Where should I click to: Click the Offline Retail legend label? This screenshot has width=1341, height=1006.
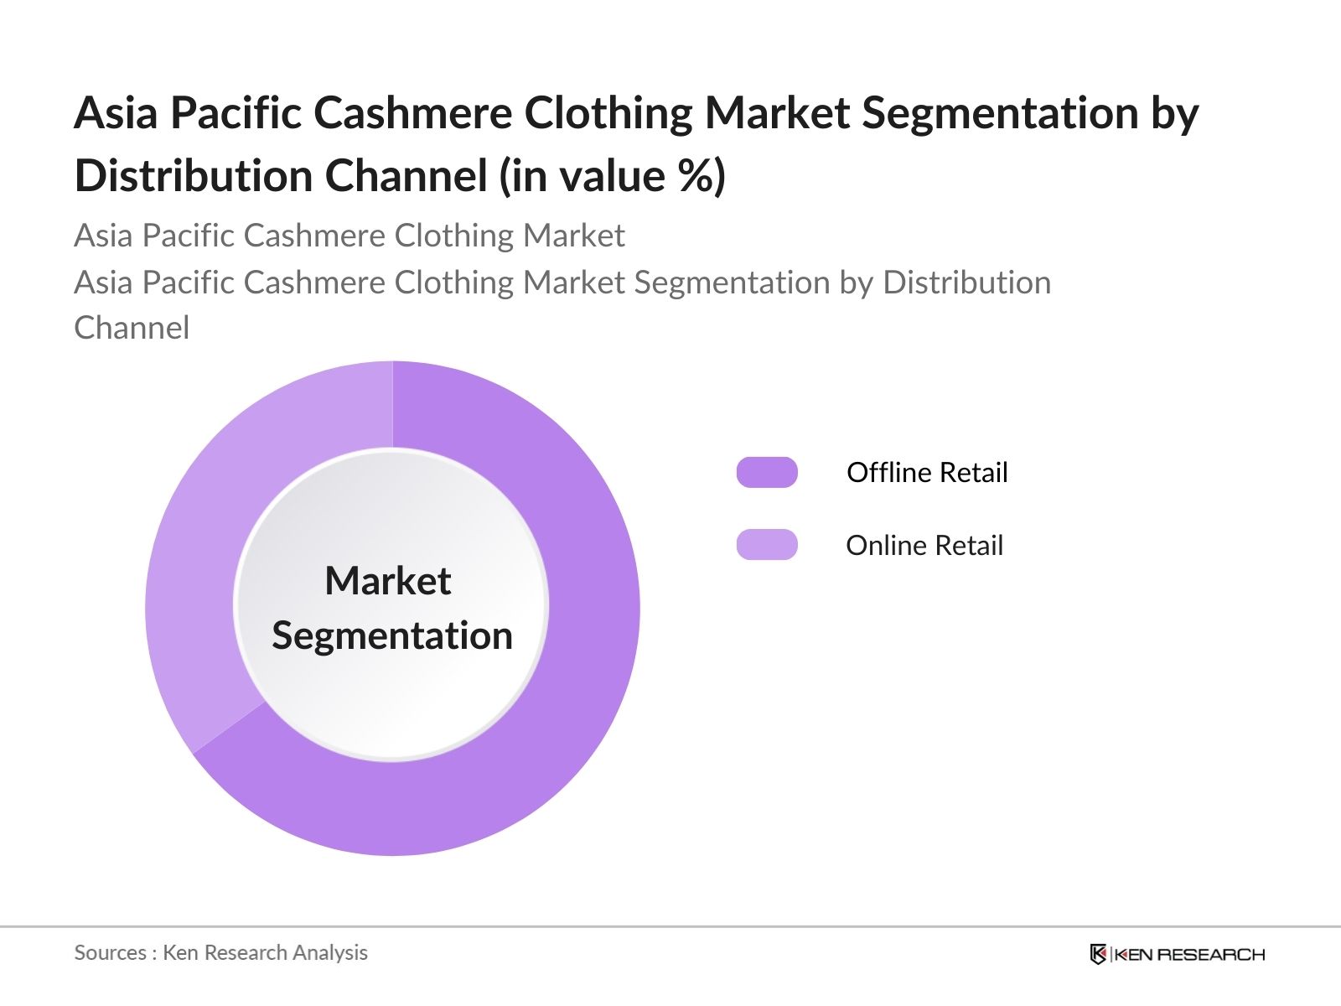(927, 472)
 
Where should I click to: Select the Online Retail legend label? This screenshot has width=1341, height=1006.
(924, 545)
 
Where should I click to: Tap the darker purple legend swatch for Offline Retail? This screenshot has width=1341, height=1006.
(767, 472)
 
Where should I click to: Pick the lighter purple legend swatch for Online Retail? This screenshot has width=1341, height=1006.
(767, 544)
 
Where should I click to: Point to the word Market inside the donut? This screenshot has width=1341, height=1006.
(388, 580)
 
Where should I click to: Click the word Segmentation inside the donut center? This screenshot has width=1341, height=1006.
(392, 635)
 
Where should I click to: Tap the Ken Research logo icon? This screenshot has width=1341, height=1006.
(1098, 953)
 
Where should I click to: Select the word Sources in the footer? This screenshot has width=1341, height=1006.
(110, 952)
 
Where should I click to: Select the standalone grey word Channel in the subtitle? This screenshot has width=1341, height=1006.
(132, 328)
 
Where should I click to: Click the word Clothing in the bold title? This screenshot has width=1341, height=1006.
(608, 114)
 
